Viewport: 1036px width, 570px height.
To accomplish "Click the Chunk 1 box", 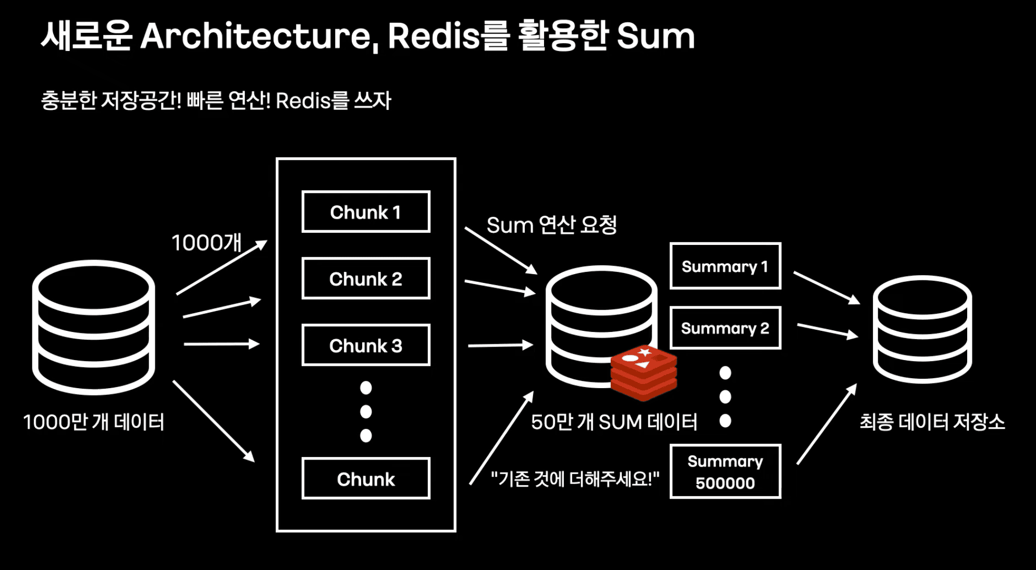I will point(366,212).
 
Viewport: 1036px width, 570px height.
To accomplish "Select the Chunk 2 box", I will point(366,279).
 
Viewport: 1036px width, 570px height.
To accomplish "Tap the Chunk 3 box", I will point(366,345).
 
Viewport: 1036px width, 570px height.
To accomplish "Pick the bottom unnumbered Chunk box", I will point(366,479).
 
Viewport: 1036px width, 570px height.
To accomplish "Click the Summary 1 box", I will point(725,266).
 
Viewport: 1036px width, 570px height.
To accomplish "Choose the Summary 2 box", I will point(725,328).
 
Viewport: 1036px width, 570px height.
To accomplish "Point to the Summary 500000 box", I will point(725,472).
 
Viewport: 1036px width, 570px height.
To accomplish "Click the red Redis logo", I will point(644,372).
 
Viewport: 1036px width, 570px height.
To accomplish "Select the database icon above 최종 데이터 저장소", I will point(922,329).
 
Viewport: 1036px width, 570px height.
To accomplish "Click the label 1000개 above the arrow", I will point(206,243).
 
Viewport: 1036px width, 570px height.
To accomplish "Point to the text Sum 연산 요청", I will point(551,225).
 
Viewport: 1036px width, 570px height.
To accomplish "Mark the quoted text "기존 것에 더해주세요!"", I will point(575,478).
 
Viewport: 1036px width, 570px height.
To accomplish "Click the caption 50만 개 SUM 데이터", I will point(614,422).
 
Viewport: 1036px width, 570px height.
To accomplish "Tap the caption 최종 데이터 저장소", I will point(932,422).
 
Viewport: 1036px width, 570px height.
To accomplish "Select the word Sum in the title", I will point(656,36).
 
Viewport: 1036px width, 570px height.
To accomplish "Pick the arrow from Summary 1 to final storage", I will point(827,288).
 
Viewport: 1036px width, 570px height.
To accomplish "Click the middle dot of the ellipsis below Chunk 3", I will point(366,412).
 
